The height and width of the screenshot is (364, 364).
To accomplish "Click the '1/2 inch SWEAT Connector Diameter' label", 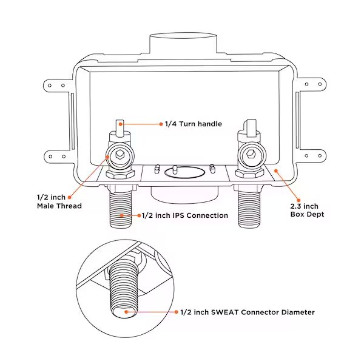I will point(248,312).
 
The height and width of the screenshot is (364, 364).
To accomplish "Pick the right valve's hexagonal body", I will point(250,157).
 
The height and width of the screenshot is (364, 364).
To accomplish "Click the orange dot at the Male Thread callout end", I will point(70,197).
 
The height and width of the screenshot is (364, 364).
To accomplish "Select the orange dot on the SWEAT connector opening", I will point(127,312).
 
